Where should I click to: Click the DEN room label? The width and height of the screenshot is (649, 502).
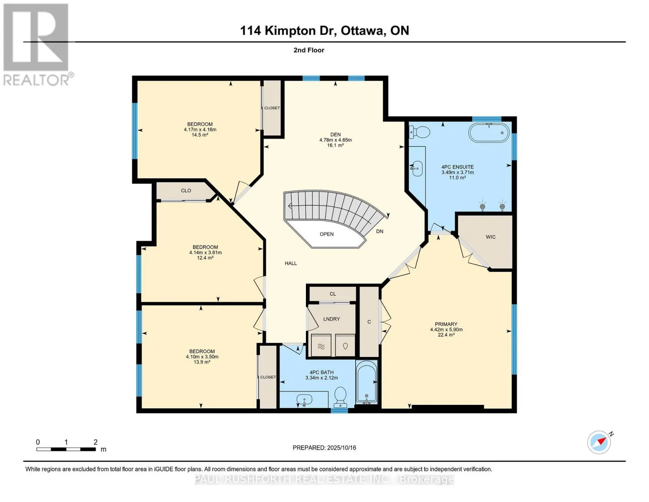[336, 135]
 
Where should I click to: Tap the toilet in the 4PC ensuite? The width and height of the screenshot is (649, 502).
[419, 132]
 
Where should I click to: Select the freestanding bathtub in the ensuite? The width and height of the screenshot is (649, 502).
[489, 133]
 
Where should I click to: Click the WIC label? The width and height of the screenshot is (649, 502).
[491, 237]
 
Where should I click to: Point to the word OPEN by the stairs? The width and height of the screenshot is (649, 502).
[326, 234]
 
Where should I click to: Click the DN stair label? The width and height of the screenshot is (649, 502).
[379, 231]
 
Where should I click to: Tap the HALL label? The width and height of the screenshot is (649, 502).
[290, 264]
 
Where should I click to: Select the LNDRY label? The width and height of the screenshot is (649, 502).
[331, 319]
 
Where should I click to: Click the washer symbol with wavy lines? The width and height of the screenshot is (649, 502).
[321, 345]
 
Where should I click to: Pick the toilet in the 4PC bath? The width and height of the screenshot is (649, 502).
[340, 397]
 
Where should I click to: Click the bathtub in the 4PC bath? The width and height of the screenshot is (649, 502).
[366, 382]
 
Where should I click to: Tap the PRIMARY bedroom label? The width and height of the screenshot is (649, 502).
[446, 324]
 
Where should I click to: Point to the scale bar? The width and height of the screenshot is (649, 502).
[66, 449]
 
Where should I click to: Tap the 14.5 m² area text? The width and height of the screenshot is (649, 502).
[200, 135]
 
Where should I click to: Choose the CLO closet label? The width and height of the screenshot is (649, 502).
[186, 190]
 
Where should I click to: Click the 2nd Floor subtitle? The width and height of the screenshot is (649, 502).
[309, 50]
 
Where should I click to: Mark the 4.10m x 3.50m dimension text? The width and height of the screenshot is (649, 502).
[202, 357]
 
